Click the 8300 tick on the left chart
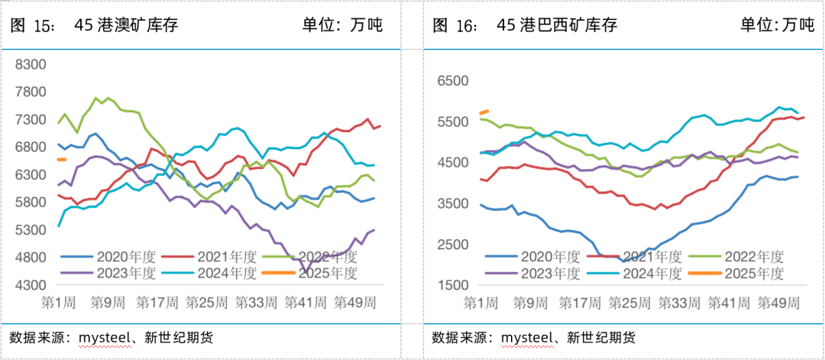coord(31,64)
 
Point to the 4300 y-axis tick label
coord(31,284)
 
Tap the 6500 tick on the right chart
coord(451,80)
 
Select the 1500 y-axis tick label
coord(451,284)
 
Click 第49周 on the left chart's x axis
coord(354,302)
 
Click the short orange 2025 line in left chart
coord(62,159)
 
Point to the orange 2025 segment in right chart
coord(484,112)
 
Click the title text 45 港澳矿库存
coord(127,25)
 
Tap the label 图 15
coord(32,25)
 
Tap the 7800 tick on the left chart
coord(31,92)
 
